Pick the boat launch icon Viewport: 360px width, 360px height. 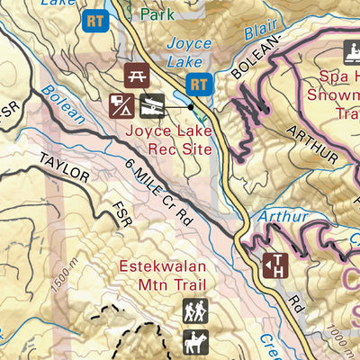pyautogui.click(x=152, y=106)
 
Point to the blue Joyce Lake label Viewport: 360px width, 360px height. pyautogui.click(x=189, y=52)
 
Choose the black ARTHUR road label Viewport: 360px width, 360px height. pyautogui.click(x=313, y=145)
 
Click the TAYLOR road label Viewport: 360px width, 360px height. pyautogui.click(x=64, y=167)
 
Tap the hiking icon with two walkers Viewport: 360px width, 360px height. pyautogui.click(x=195, y=310)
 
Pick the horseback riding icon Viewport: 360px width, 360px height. pyautogui.click(x=195, y=342)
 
